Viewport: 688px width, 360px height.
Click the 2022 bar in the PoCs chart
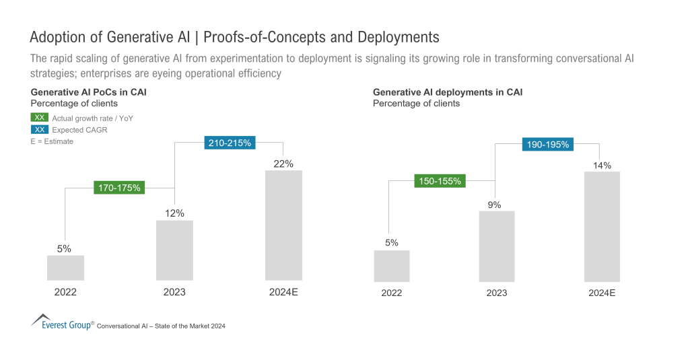point(65,267)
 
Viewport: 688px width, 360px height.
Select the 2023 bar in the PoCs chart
point(174,250)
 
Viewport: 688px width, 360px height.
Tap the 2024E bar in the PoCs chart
point(283,225)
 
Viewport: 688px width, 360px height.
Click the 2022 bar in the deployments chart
point(392,265)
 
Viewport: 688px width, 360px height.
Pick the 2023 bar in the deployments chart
point(497,246)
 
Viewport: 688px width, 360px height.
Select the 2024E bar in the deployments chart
point(602,226)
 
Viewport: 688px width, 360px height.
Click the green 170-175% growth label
point(119,188)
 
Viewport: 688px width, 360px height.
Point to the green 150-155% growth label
point(440,181)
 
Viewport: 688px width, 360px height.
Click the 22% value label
point(283,164)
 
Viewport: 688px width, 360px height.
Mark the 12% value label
point(174,213)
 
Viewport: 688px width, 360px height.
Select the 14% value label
point(602,165)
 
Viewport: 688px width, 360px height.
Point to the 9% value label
point(495,205)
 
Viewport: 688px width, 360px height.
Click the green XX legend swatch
point(40,118)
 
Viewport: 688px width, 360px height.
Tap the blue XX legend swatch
point(40,129)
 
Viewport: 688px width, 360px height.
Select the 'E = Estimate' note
point(52,141)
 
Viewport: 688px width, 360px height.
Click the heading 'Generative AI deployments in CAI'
point(447,92)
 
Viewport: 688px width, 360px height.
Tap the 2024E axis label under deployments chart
point(602,293)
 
